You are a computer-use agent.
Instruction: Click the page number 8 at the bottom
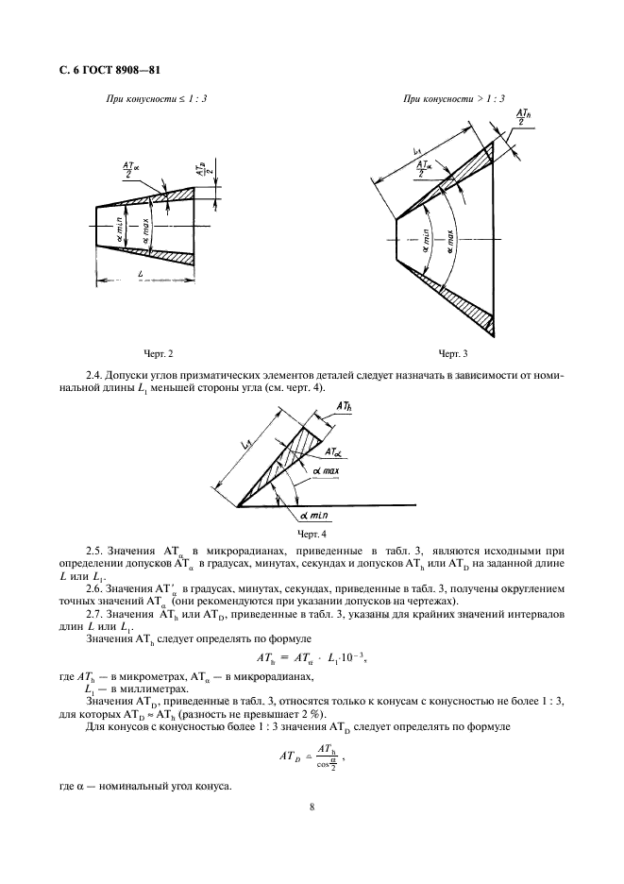point(312,807)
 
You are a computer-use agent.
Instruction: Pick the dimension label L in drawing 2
point(140,273)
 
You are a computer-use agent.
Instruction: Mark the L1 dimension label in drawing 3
point(415,153)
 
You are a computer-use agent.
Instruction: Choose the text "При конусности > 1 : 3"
point(453,98)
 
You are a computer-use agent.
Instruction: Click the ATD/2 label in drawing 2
point(203,170)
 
